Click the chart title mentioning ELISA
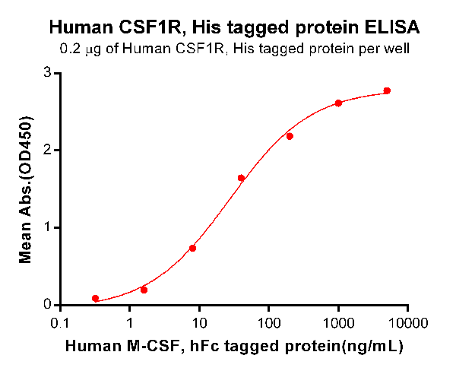[x=233, y=29]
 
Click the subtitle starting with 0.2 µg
[x=233, y=50]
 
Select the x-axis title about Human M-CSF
[x=233, y=346]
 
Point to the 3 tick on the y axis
[x=47, y=73]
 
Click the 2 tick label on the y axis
[x=47, y=150]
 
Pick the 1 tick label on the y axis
[x=47, y=227]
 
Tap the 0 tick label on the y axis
[x=47, y=305]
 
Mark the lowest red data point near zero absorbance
[x=95, y=299]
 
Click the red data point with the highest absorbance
[x=387, y=90]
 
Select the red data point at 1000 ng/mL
[x=338, y=103]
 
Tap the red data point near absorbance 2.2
[x=290, y=136]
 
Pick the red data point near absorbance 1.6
[x=241, y=178]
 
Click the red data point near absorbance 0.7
[x=192, y=248]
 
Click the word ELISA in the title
[x=392, y=29]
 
